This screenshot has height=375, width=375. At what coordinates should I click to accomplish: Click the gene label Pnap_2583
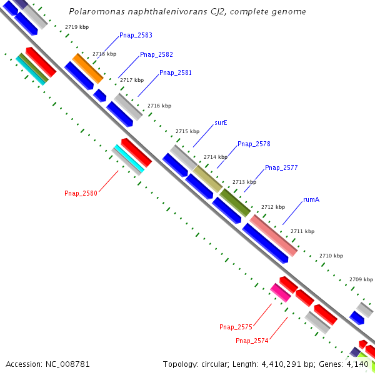click(x=136, y=36)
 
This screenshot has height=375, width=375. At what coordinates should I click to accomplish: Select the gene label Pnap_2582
click(x=156, y=55)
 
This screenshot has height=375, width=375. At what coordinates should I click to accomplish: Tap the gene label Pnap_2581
click(x=176, y=73)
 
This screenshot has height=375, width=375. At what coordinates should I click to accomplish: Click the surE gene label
click(x=221, y=123)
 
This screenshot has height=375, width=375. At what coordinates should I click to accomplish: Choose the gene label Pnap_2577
click(x=281, y=168)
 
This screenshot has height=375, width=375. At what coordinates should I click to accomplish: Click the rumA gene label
click(x=311, y=200)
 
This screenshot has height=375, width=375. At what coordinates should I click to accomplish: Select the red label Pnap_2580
click(x=81, y=194)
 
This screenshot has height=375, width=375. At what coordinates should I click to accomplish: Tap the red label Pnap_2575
click(x=236, y=327)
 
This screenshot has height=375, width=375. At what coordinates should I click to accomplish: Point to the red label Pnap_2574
click(x=252, y=341)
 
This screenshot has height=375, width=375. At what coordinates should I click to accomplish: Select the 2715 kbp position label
click(x=187, y=132)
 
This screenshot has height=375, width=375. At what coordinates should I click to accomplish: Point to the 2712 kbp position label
click(x=273, y=207)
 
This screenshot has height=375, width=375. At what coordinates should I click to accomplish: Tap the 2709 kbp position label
click(x=361, y=279)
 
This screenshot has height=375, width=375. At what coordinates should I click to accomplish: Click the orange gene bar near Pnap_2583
click(x=87, y=69)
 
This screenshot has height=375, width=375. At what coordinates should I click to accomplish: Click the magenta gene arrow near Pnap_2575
click(x=281, y=292)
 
